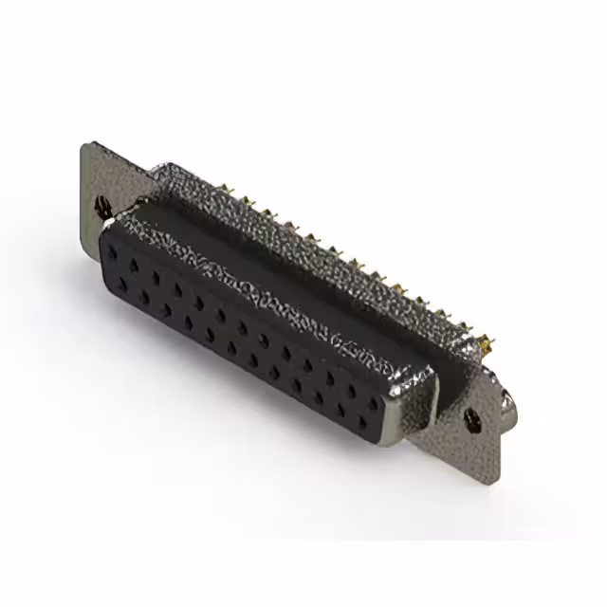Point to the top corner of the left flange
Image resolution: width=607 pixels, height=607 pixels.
[86, 144]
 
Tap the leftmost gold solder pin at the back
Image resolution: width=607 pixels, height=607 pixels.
[228, 194]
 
